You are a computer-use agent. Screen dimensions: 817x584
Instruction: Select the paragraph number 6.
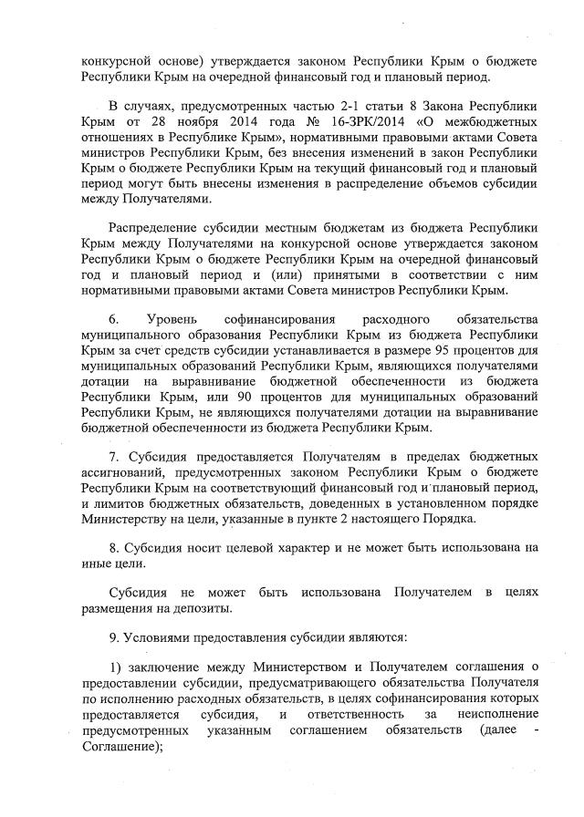click(x=113, y=319)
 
